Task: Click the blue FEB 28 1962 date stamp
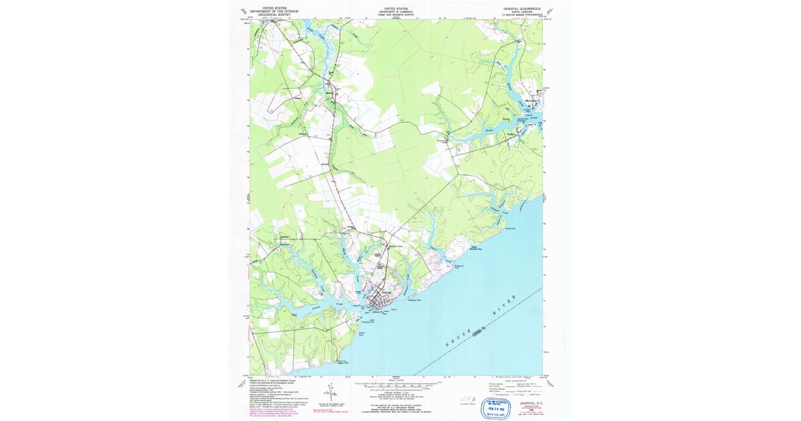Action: coord(497,407)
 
